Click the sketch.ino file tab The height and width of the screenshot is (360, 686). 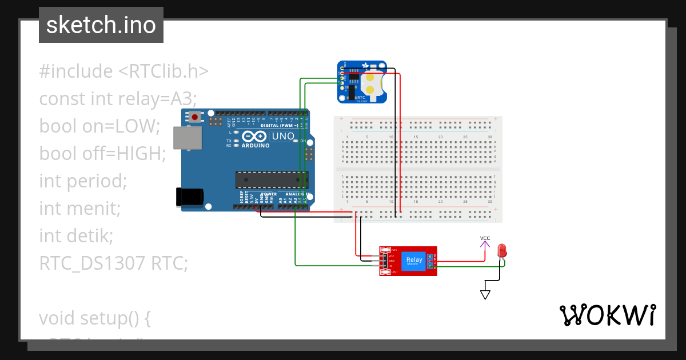[101, 25]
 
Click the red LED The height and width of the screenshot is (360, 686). [502, 250]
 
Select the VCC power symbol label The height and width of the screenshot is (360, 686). [485, 238]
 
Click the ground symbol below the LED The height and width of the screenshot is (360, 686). [485, 294]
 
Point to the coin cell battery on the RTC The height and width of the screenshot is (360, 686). [373, 82]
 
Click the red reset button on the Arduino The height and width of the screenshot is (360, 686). [196, 117]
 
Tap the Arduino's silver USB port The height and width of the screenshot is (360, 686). [188, 139]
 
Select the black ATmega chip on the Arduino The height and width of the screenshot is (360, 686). [272, 179]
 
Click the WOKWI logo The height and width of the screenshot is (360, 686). [607, 315]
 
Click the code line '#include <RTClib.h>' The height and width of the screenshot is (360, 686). [123, 71]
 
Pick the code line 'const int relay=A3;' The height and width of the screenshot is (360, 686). [118, 99]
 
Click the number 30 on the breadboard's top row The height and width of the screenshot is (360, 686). [490, 137]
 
